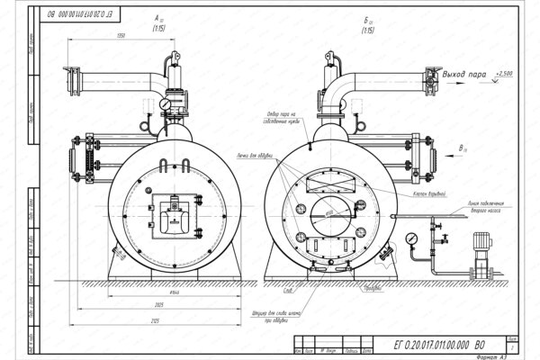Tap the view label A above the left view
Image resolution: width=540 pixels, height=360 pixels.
coord(158,19)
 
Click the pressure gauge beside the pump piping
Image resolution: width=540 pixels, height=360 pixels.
coord(412,238)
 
